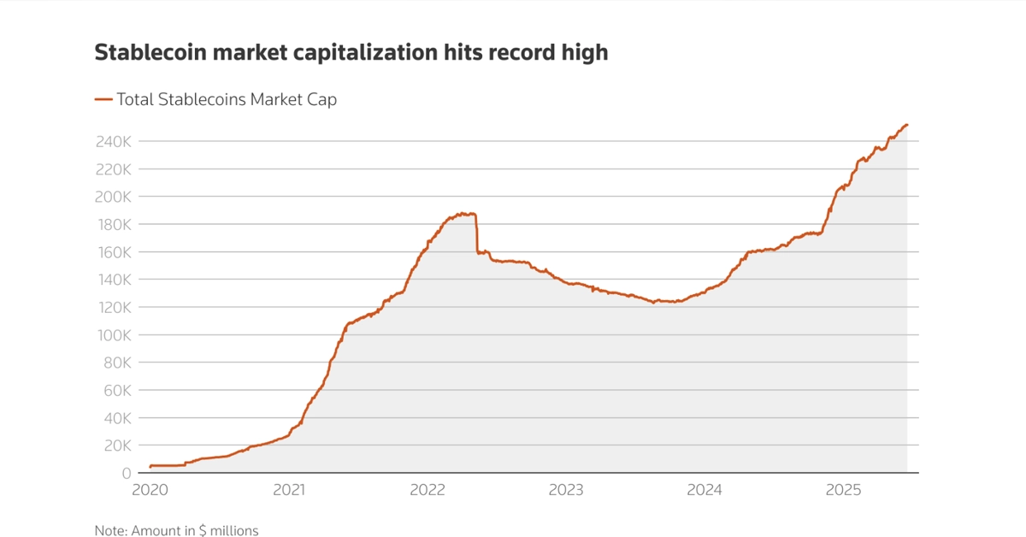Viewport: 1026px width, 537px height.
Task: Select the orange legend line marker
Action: tap(103, 99)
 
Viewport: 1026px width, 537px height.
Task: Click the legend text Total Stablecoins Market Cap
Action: tap(227, 99)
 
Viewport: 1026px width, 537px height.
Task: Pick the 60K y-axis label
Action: tap(115, 391)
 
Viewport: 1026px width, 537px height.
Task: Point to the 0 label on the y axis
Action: tap(127, 474)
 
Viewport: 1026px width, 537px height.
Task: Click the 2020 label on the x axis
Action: tap(150, 490)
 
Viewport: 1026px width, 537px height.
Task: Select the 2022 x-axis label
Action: tap(427, 490)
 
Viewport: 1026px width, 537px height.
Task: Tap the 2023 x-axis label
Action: tap(566, 490)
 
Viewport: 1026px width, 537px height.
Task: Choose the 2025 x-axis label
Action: tap(844, 490)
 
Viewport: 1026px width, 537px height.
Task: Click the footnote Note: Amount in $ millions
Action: tap(176, 531)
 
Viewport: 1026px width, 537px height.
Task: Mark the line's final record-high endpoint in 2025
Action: tap(906, 125)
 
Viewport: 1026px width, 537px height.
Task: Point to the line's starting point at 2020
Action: tap(150, 466)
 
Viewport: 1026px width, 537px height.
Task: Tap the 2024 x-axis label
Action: tap(705, 490)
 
